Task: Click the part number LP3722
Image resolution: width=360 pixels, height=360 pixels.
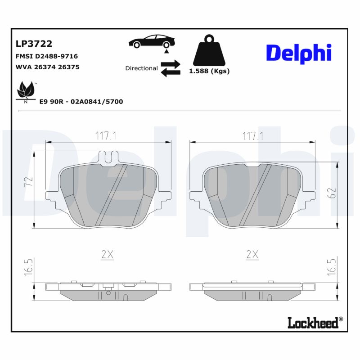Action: click(x=34, y=44)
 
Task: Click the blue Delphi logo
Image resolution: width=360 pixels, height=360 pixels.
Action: click(x=298, y=53)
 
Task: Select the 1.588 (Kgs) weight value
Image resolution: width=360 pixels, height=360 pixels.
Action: click(x=209, y=71)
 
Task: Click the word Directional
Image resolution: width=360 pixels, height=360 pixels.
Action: click(x=141, y=68)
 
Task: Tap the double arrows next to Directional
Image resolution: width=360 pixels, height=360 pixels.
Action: click(x=171, y=68)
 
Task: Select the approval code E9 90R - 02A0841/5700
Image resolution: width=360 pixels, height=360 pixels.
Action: click(x=81, y=102)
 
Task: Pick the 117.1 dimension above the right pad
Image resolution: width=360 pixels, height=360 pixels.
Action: click(x=253, y=135)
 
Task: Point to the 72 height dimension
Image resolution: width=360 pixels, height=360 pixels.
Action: click(x=29, y=182)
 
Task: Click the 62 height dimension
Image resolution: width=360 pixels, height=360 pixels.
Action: click(x=332, y=193)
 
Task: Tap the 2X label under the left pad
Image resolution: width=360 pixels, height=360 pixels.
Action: click(x=107, y=255)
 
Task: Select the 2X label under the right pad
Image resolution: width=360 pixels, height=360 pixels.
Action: click(x=253, y=255)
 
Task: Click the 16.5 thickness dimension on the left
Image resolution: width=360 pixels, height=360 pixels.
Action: click(x=29, y=267)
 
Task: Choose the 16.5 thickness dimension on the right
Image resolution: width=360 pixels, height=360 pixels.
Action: click(x=332, y=267)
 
